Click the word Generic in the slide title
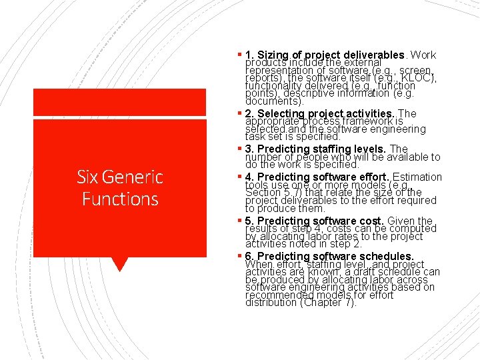132,177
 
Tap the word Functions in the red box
120,199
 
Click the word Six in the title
87,177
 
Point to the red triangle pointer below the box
119,264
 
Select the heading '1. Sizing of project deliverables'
325,55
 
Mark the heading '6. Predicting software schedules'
329,257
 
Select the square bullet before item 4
240,176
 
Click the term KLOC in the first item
419,78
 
